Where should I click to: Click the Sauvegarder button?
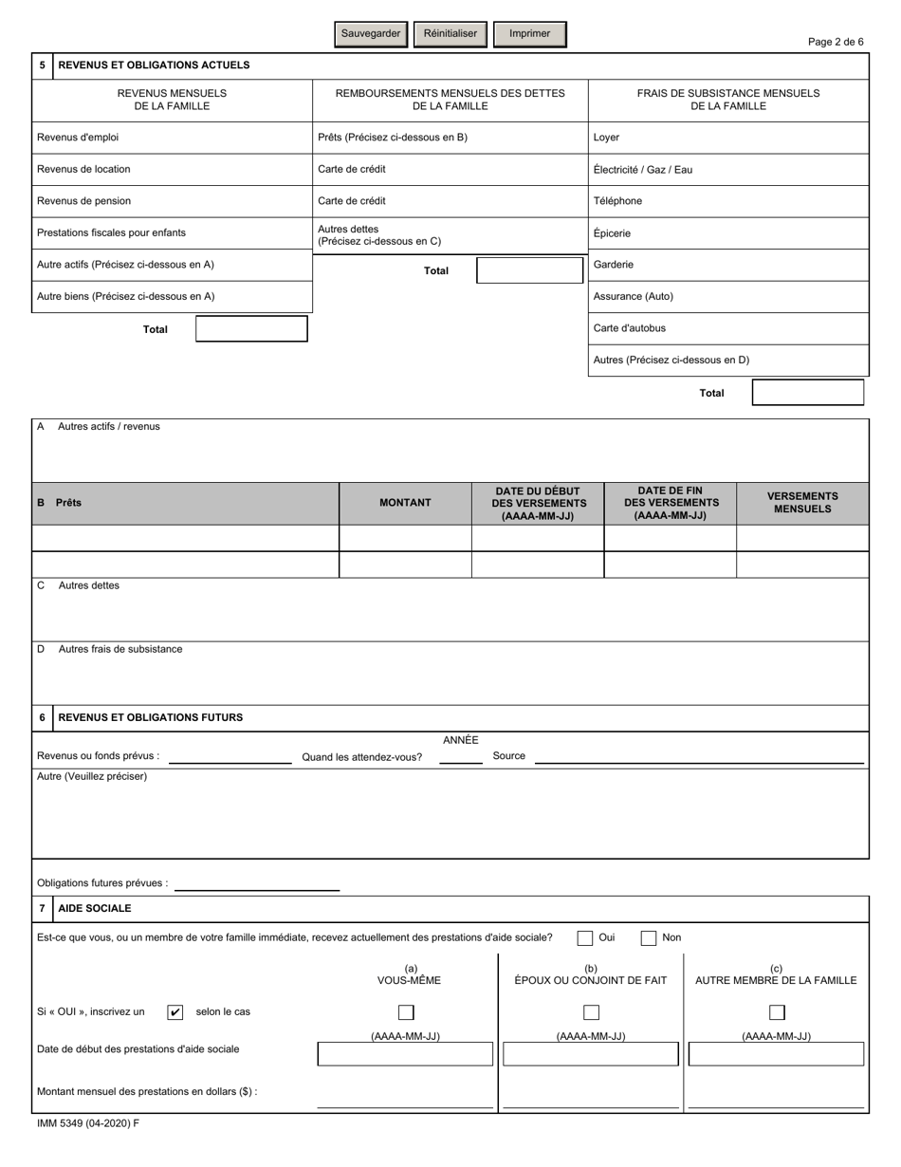coord(371,34)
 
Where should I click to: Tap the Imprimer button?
coord(530,34)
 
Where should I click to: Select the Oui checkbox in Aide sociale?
coord(585,938)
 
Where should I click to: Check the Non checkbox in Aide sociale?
coord(649,938)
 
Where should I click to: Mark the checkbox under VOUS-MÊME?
coord(406,1012)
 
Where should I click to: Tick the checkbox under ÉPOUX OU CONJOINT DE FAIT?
coord(591,1012)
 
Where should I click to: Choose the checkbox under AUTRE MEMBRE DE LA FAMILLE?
coord(777,1012)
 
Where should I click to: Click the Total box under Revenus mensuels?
coord(251,329)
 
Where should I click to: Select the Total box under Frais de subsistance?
coord(808,393)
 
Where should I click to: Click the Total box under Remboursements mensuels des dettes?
coord(529,270)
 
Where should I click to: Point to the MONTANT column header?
coord(405,503)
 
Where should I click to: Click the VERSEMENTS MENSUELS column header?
coord(802,503)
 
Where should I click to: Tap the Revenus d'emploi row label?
coord(78,138)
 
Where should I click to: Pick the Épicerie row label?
coord(612,233)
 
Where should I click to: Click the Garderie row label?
coord(614,265)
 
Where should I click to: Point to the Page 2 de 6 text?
coord(836,42)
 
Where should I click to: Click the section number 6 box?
coord(42,718)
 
